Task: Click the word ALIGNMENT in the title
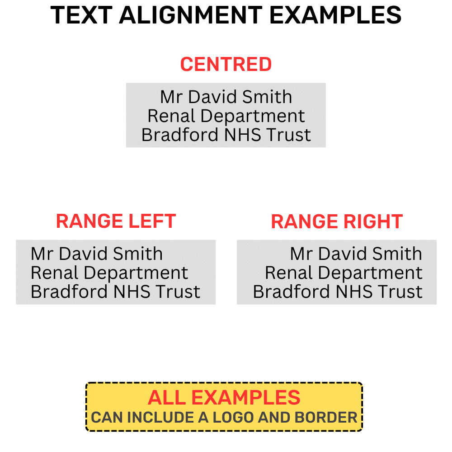(191, 15)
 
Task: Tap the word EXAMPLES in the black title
(335, 15)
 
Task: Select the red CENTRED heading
(226, 64)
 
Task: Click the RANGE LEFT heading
(116, 221)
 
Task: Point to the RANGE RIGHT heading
(337, 221)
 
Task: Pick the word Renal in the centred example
(171, 116)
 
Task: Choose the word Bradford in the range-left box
(69, 292)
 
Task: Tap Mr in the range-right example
(301, 254)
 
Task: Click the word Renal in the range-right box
(289, 273)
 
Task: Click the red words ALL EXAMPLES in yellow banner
(224, 397)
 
